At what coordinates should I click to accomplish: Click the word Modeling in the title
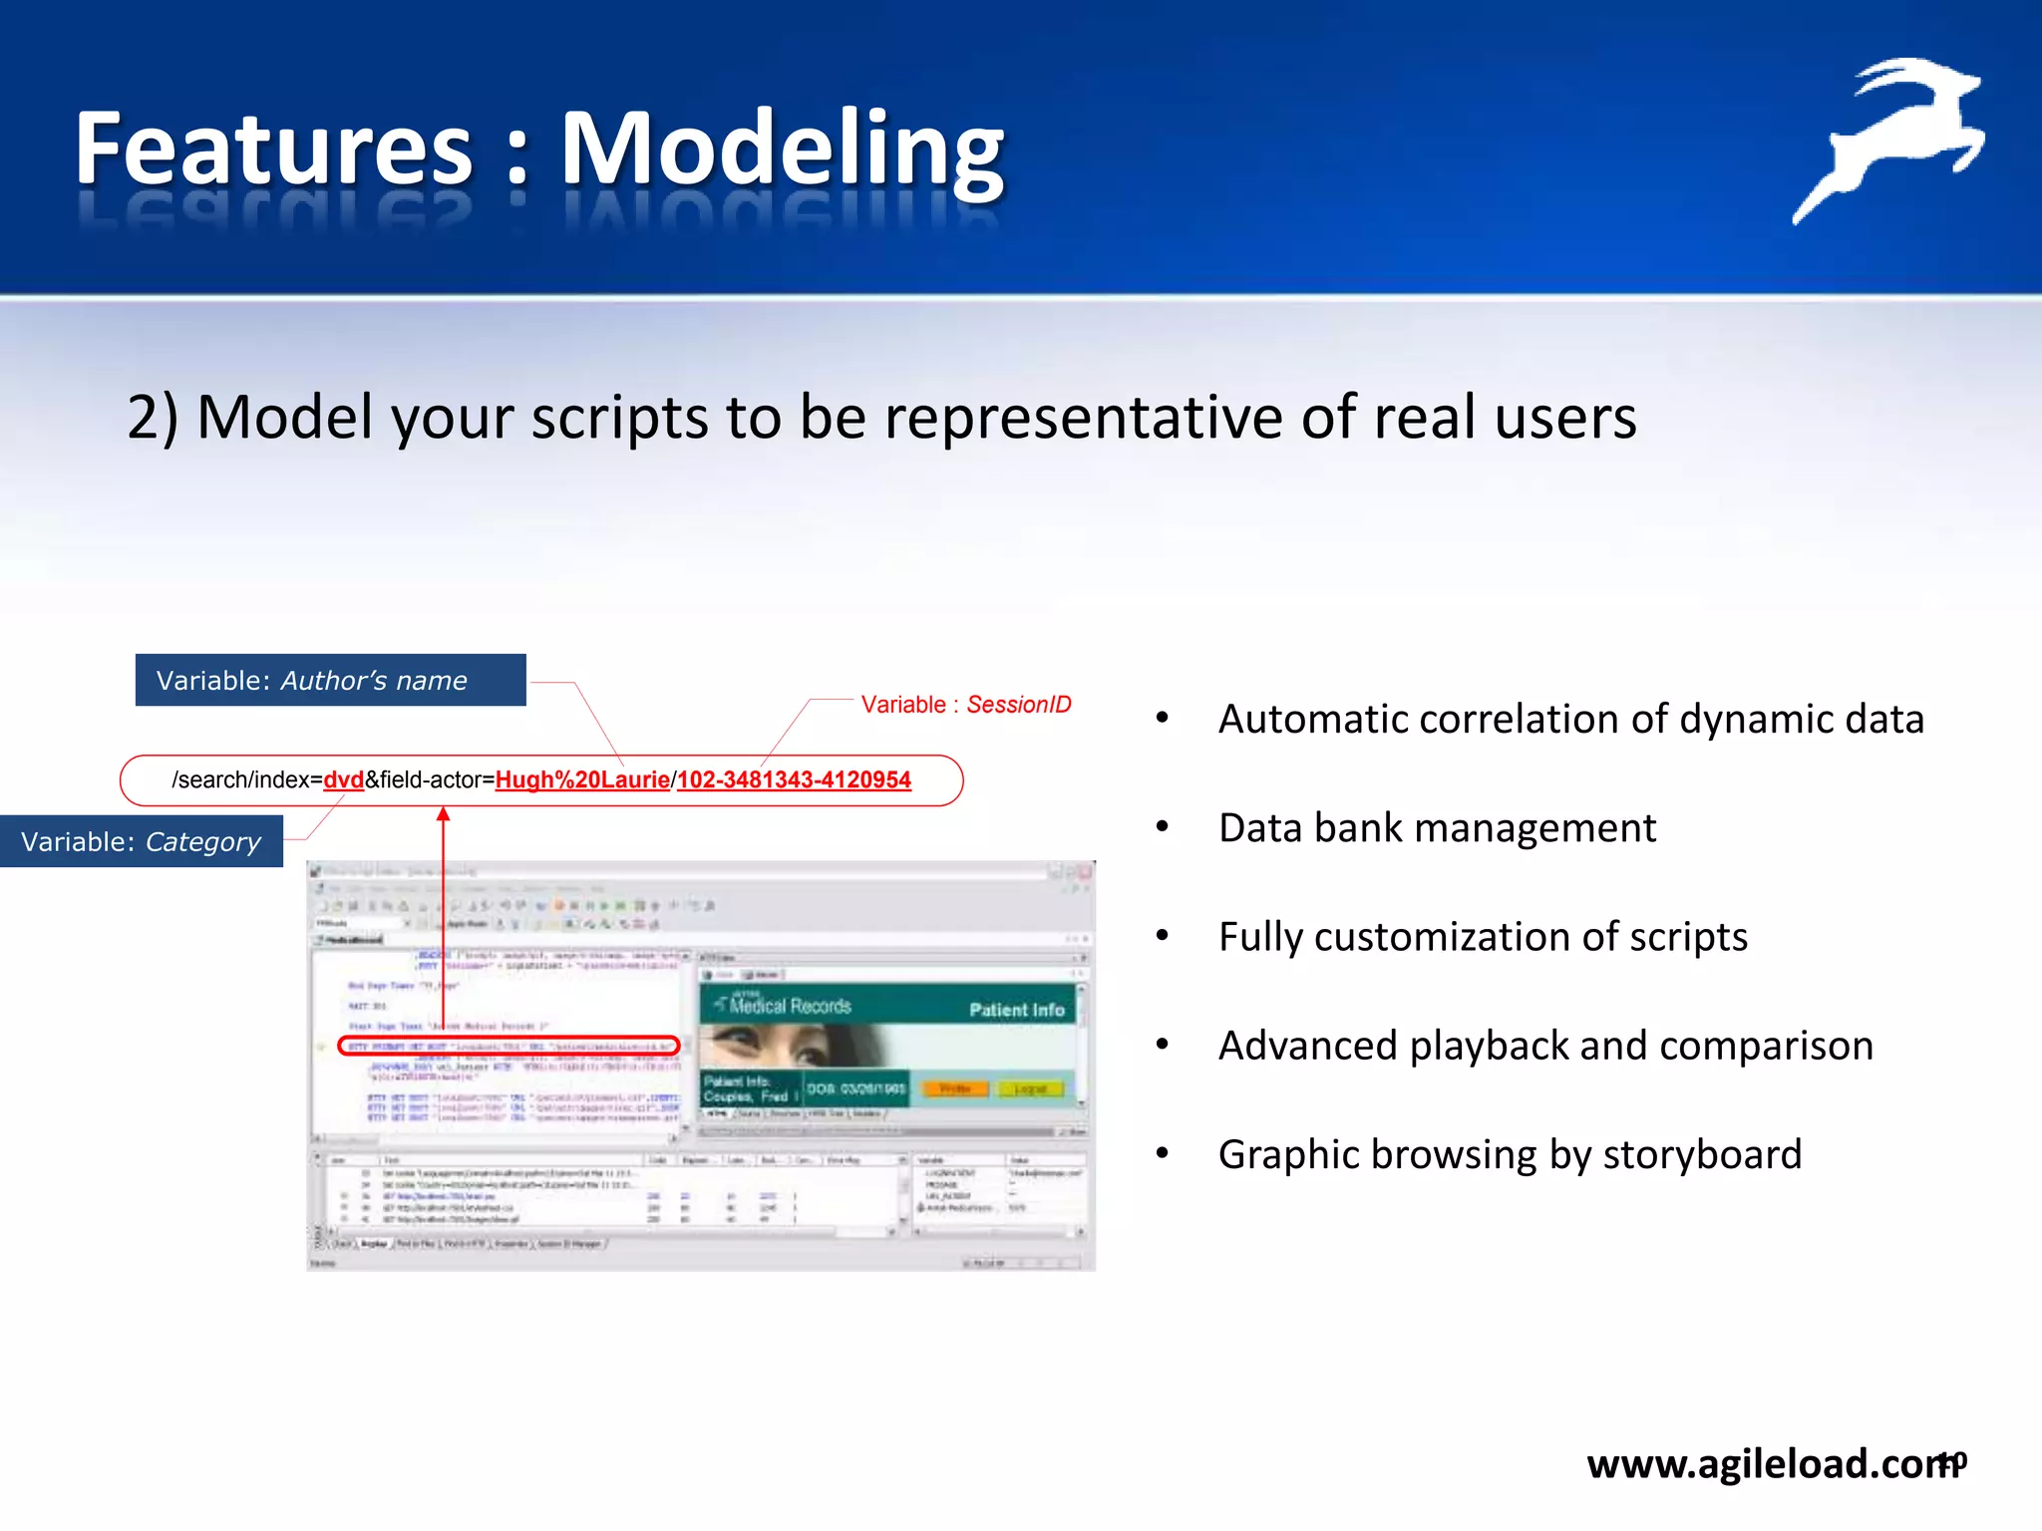point(782,150)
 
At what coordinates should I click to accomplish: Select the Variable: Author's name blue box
point(330,681)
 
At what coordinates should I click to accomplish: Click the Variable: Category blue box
point(142,842)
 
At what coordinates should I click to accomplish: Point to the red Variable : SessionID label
point(965,705)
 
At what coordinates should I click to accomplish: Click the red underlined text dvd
point(344,780)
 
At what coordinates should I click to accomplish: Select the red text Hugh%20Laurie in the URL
point(582,780)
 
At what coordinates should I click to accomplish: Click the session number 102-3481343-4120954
point(794,780)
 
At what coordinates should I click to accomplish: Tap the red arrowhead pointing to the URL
point(444,815)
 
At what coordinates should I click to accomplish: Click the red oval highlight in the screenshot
point(509,1046)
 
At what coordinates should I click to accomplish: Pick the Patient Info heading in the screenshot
point(1016,1010)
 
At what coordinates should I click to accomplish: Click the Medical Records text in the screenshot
point(790,1007)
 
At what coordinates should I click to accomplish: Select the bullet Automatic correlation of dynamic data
point(1570,720)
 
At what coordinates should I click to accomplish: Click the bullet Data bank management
point(1436,828)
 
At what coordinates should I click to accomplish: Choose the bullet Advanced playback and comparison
point(1545,1046)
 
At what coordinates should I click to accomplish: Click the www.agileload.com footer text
point(1765,1463)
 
